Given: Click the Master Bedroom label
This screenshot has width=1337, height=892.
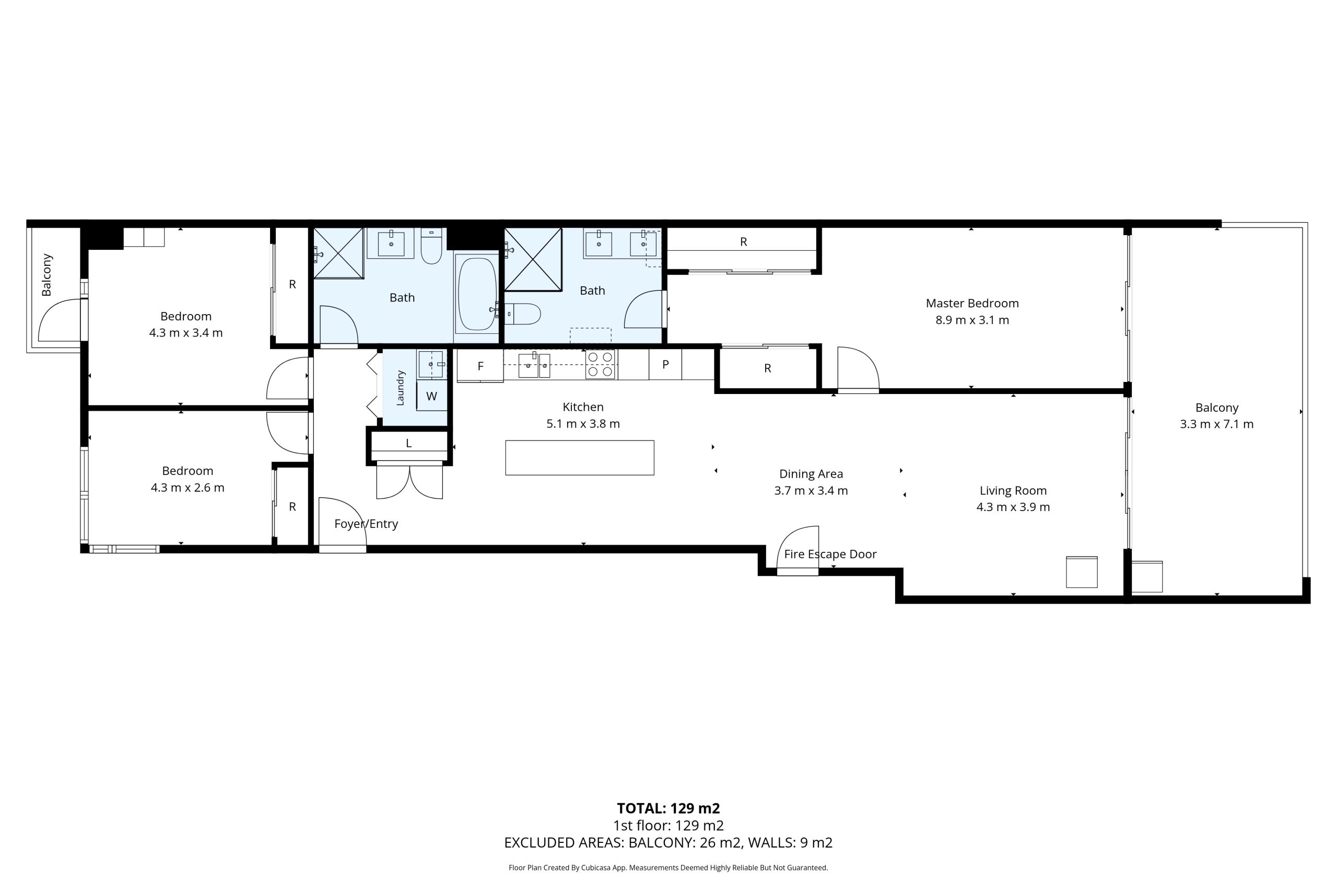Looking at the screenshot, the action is click(x=972, y=303).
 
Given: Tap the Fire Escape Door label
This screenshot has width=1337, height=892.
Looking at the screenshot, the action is click(x=830, y=554).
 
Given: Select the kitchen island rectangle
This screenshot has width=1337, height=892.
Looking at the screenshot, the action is click(x=579, y=457).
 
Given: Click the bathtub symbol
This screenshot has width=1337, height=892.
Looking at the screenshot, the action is click(x=476, y=294).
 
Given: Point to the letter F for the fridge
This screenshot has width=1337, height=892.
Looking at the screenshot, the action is click(x=480, y=366).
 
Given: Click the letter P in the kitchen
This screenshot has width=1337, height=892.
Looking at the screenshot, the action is click(x=665, y=365).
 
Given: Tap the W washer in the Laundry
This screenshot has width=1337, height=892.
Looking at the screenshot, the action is click(x=431, y=396).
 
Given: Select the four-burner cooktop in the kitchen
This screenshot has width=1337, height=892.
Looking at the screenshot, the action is click(x=600, y=364).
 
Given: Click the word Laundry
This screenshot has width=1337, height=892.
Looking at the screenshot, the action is click(x=400, y=388).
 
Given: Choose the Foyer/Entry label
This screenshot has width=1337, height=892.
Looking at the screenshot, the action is click(x=366, y=524).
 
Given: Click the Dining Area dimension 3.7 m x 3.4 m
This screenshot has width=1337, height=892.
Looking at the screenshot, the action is click(x=811, y=490).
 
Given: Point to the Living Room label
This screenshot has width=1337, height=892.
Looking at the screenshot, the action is click(x=1013, y=490).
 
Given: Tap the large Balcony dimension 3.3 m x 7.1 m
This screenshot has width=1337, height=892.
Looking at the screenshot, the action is click(x=1216, y=424).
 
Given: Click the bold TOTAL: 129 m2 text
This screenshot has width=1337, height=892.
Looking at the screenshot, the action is click(x=668, y=808).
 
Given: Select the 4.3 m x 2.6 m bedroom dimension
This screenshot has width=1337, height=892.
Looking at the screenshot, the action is click(x=187, y=488).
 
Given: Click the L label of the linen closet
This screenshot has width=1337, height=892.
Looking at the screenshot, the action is click(x=409, y=443).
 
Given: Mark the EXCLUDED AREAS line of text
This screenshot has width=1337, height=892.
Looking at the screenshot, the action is click(x=668, y=842).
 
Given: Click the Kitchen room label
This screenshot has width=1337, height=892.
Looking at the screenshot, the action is click(x=583, y=407).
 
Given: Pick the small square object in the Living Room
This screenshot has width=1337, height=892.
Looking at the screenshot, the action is click(x=1082, y=572).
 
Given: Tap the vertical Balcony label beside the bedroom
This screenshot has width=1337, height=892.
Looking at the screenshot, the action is click(x=46, y=275).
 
